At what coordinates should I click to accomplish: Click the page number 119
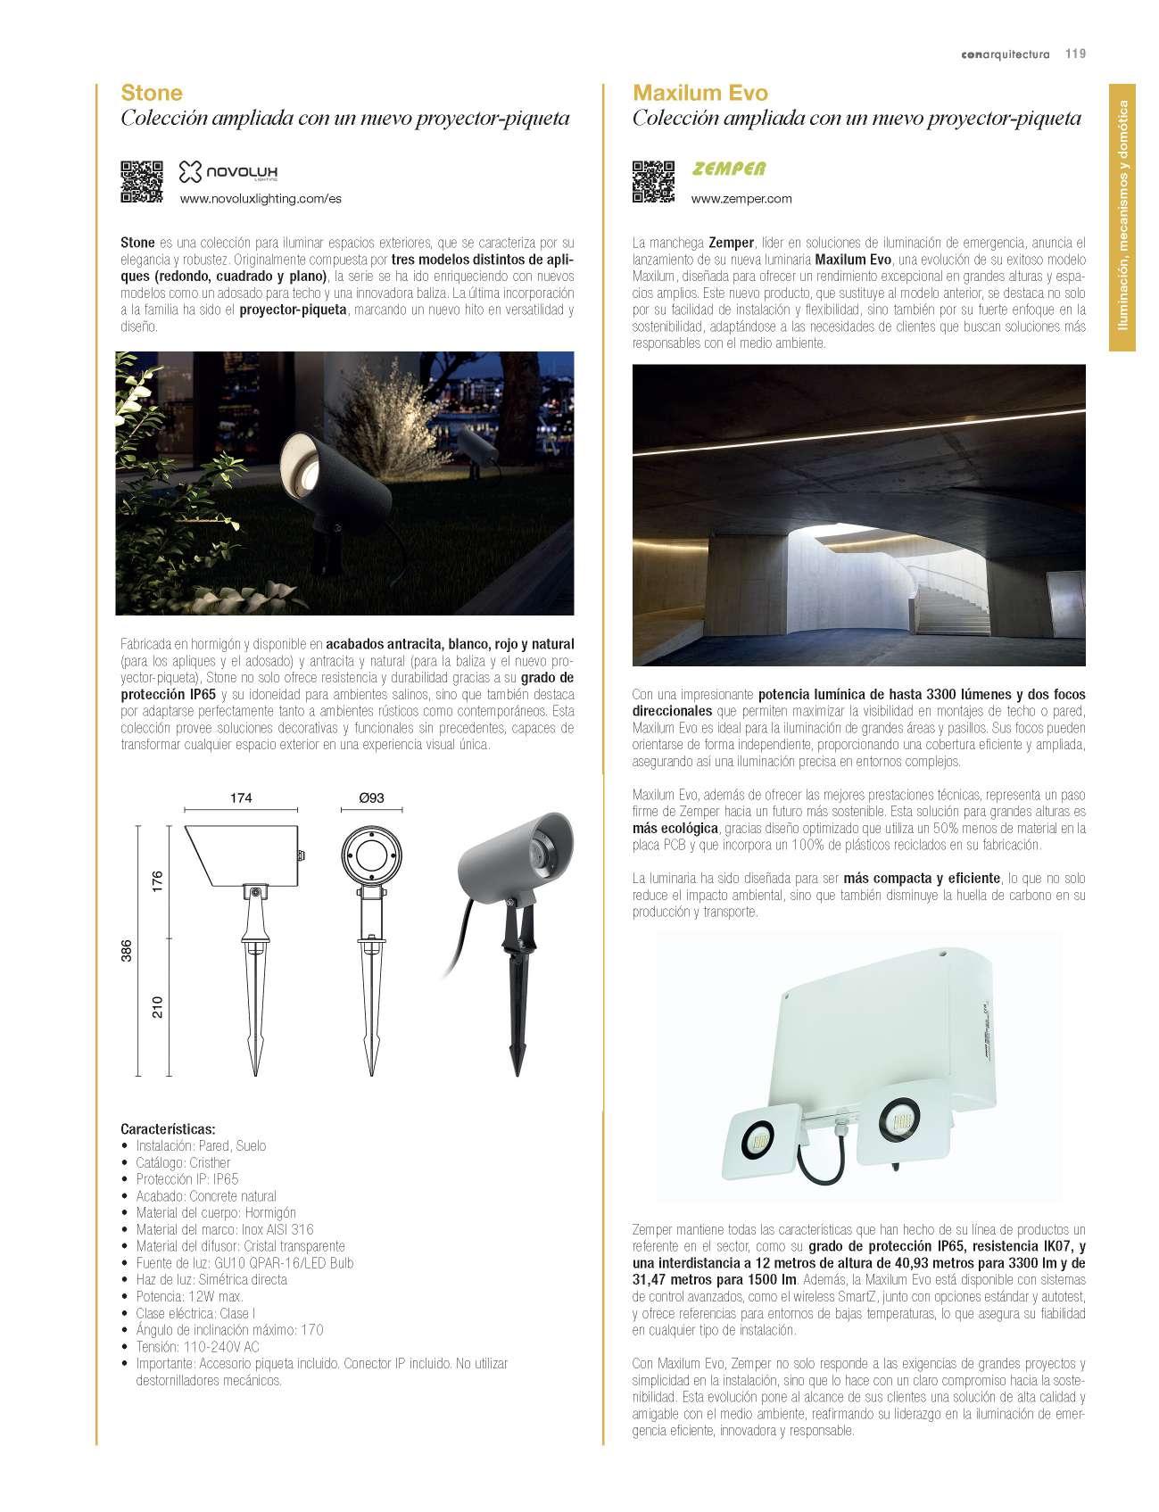(1075, 54)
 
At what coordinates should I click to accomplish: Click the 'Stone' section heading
(152, 93)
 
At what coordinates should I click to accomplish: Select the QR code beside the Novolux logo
(142, 181)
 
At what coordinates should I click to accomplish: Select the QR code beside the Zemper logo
(654, 181)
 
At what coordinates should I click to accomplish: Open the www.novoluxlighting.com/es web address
(261, 199)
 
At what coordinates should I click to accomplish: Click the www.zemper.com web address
(741, 199)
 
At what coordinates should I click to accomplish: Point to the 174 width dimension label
(241, 797)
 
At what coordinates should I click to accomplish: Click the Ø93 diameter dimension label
(371, 797)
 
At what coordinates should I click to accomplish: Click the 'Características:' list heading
(168, 1128)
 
